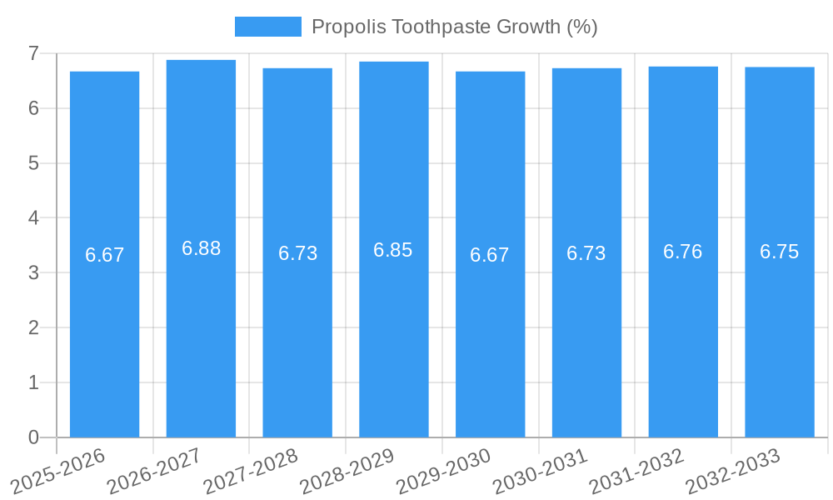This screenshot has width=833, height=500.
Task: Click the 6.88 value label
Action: [201, 248]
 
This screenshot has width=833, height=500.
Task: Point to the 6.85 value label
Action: [393, 250]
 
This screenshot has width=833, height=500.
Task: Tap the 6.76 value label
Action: [682, 252]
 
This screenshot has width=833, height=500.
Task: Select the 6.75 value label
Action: [779, 252]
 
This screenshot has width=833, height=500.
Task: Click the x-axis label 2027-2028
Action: [251, 470]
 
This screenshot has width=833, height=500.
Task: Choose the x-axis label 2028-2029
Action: [347, 470]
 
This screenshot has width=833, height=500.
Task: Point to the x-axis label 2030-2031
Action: [540, 470]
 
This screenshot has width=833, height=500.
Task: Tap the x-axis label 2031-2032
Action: [636, 470]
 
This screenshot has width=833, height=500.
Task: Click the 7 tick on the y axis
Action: [33, 53]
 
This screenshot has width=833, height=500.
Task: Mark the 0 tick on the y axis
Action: [33, 437]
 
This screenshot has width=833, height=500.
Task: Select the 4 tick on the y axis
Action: [33, 218]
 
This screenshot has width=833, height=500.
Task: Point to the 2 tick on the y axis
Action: [33, 327]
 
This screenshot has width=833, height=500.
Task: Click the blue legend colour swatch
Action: [267, 27]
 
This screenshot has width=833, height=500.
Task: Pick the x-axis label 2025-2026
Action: [58, 470]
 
